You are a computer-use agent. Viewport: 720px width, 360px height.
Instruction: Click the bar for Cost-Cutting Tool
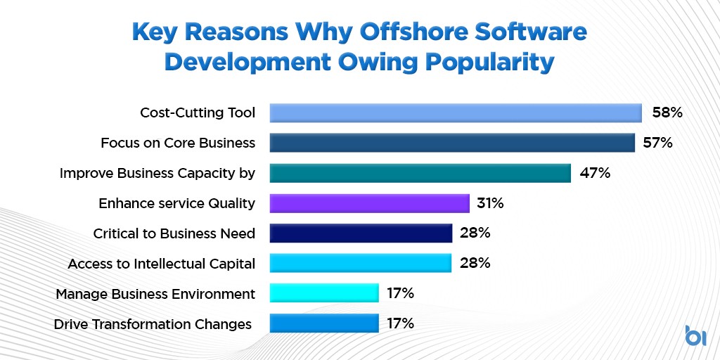(x=456, y=112)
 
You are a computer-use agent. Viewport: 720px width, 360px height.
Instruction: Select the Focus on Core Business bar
(x=452, y=143)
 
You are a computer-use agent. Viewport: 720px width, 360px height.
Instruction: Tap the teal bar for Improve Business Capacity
(x=420, y=173)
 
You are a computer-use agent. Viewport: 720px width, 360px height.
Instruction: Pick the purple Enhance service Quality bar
(x=369, y=203)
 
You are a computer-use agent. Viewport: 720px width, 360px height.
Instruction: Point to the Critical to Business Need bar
(x=361, y=233)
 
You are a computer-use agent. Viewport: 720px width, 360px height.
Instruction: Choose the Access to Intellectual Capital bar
(x=361, y=263)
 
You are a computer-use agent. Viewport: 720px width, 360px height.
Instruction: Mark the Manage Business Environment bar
(x=324, y=293)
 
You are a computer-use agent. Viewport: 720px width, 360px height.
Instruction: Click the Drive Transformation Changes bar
(x=324, y=323)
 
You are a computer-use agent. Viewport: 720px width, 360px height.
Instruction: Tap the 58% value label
(x=666, y=112)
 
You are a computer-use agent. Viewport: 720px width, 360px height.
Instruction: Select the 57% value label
(x=658, y=143)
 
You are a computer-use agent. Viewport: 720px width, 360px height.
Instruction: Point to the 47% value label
(x=594, y=173)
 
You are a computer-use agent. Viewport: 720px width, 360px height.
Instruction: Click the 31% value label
(x=491, y=203)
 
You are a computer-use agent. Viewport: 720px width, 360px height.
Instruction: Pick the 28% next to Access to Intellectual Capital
(x=475, y=263)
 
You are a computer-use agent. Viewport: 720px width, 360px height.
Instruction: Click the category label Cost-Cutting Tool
(x=198, y=112)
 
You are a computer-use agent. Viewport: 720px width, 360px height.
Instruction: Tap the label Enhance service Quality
(x=176, y=203)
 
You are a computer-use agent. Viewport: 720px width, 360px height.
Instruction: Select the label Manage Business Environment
(x=155, y=293)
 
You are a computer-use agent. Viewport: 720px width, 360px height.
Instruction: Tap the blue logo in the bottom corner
(x=695, y=335)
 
